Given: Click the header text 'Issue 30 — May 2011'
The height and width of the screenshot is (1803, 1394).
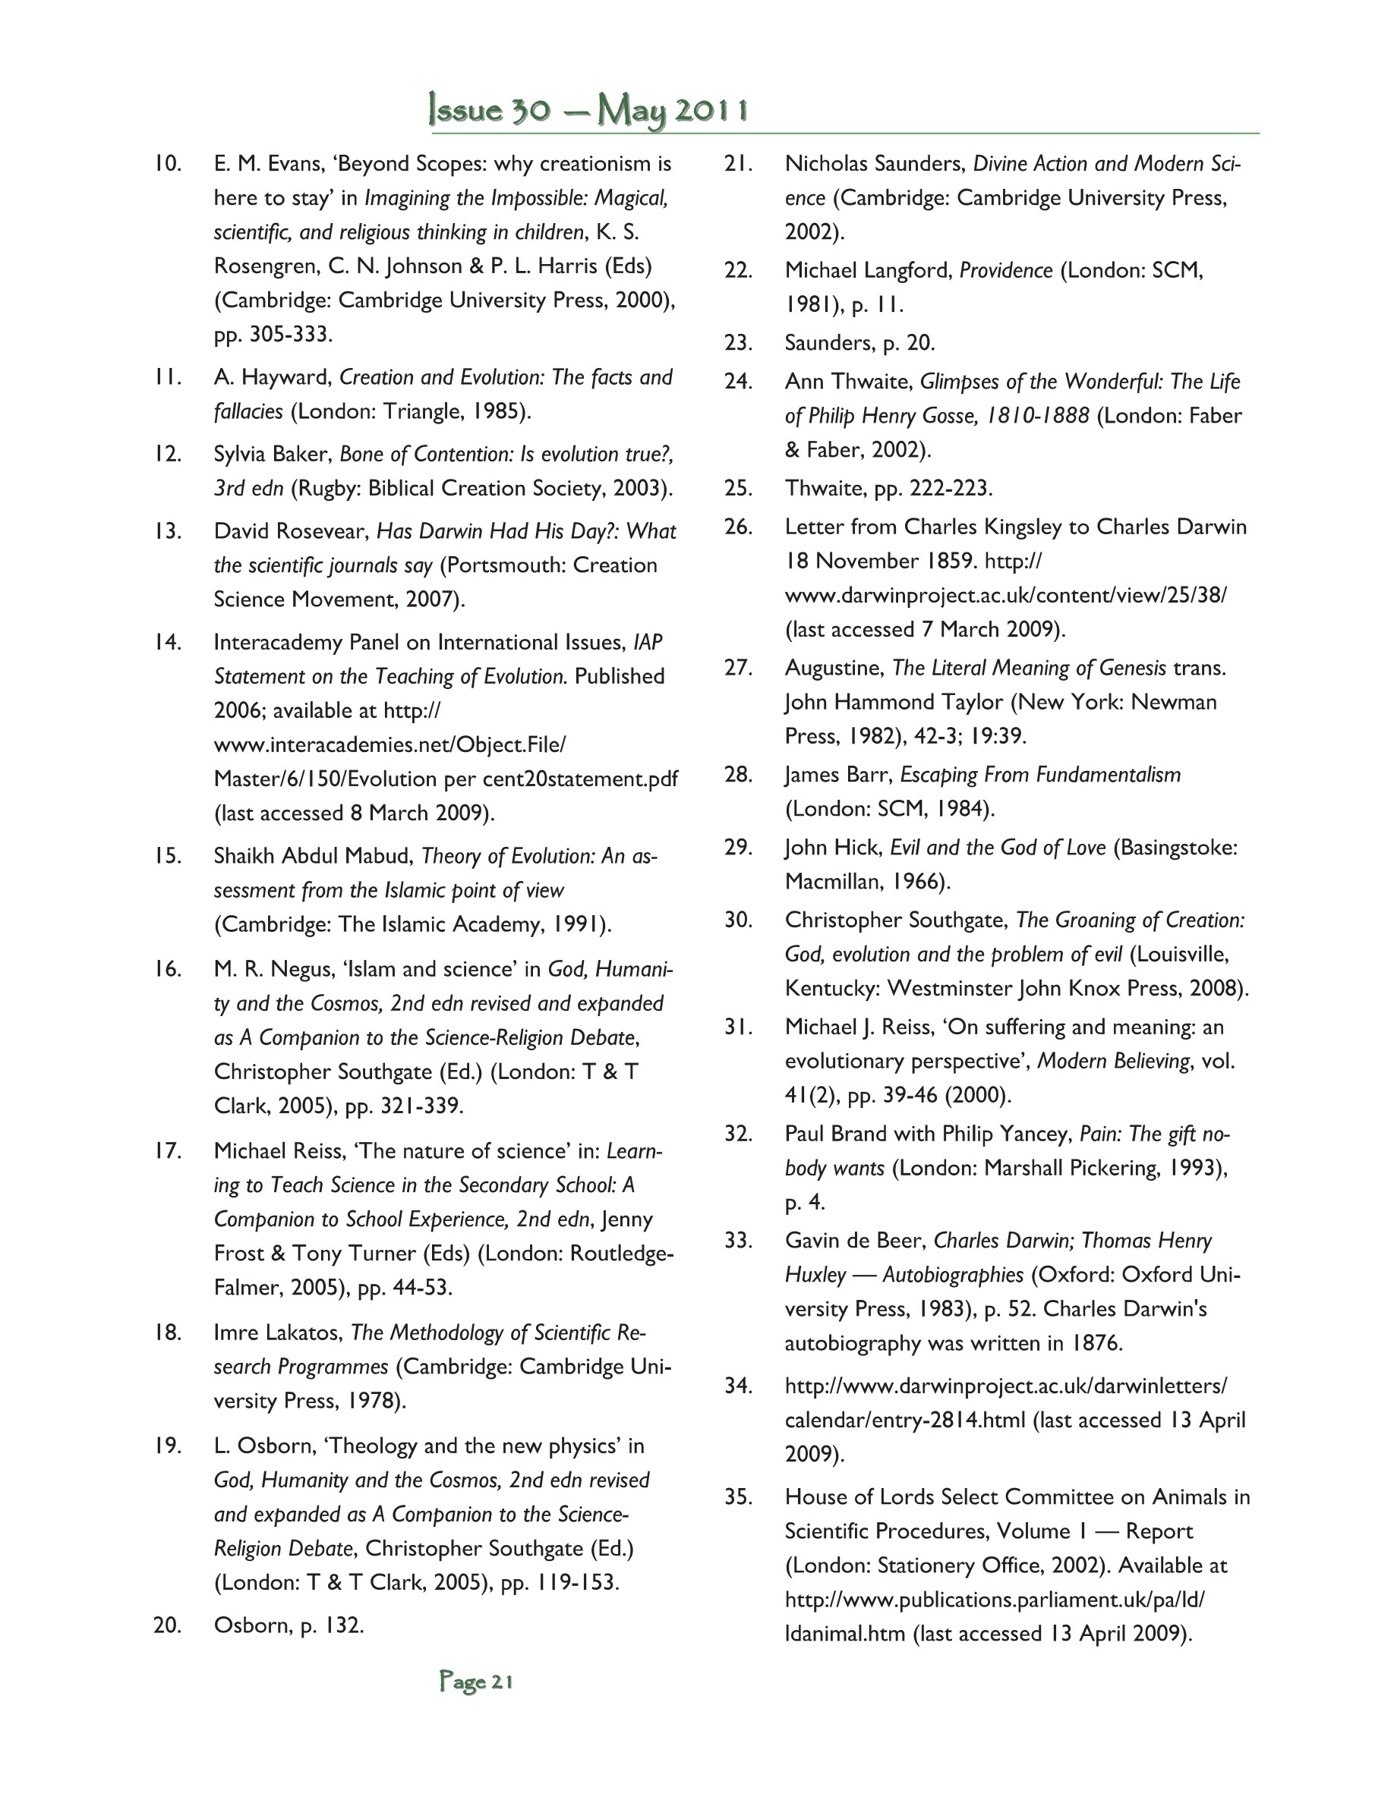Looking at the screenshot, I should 588,111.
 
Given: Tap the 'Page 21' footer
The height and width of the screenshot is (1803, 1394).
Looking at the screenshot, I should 477,1682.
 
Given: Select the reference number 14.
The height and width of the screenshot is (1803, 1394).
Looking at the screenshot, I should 168,642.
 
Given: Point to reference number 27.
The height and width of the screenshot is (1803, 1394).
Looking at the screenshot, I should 737,668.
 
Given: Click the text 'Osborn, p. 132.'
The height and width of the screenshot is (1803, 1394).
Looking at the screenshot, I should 289,1625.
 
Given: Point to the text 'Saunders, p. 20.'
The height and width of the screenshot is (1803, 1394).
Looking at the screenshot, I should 859,342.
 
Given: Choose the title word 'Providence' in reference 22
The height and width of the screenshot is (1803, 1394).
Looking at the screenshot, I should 1005,271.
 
